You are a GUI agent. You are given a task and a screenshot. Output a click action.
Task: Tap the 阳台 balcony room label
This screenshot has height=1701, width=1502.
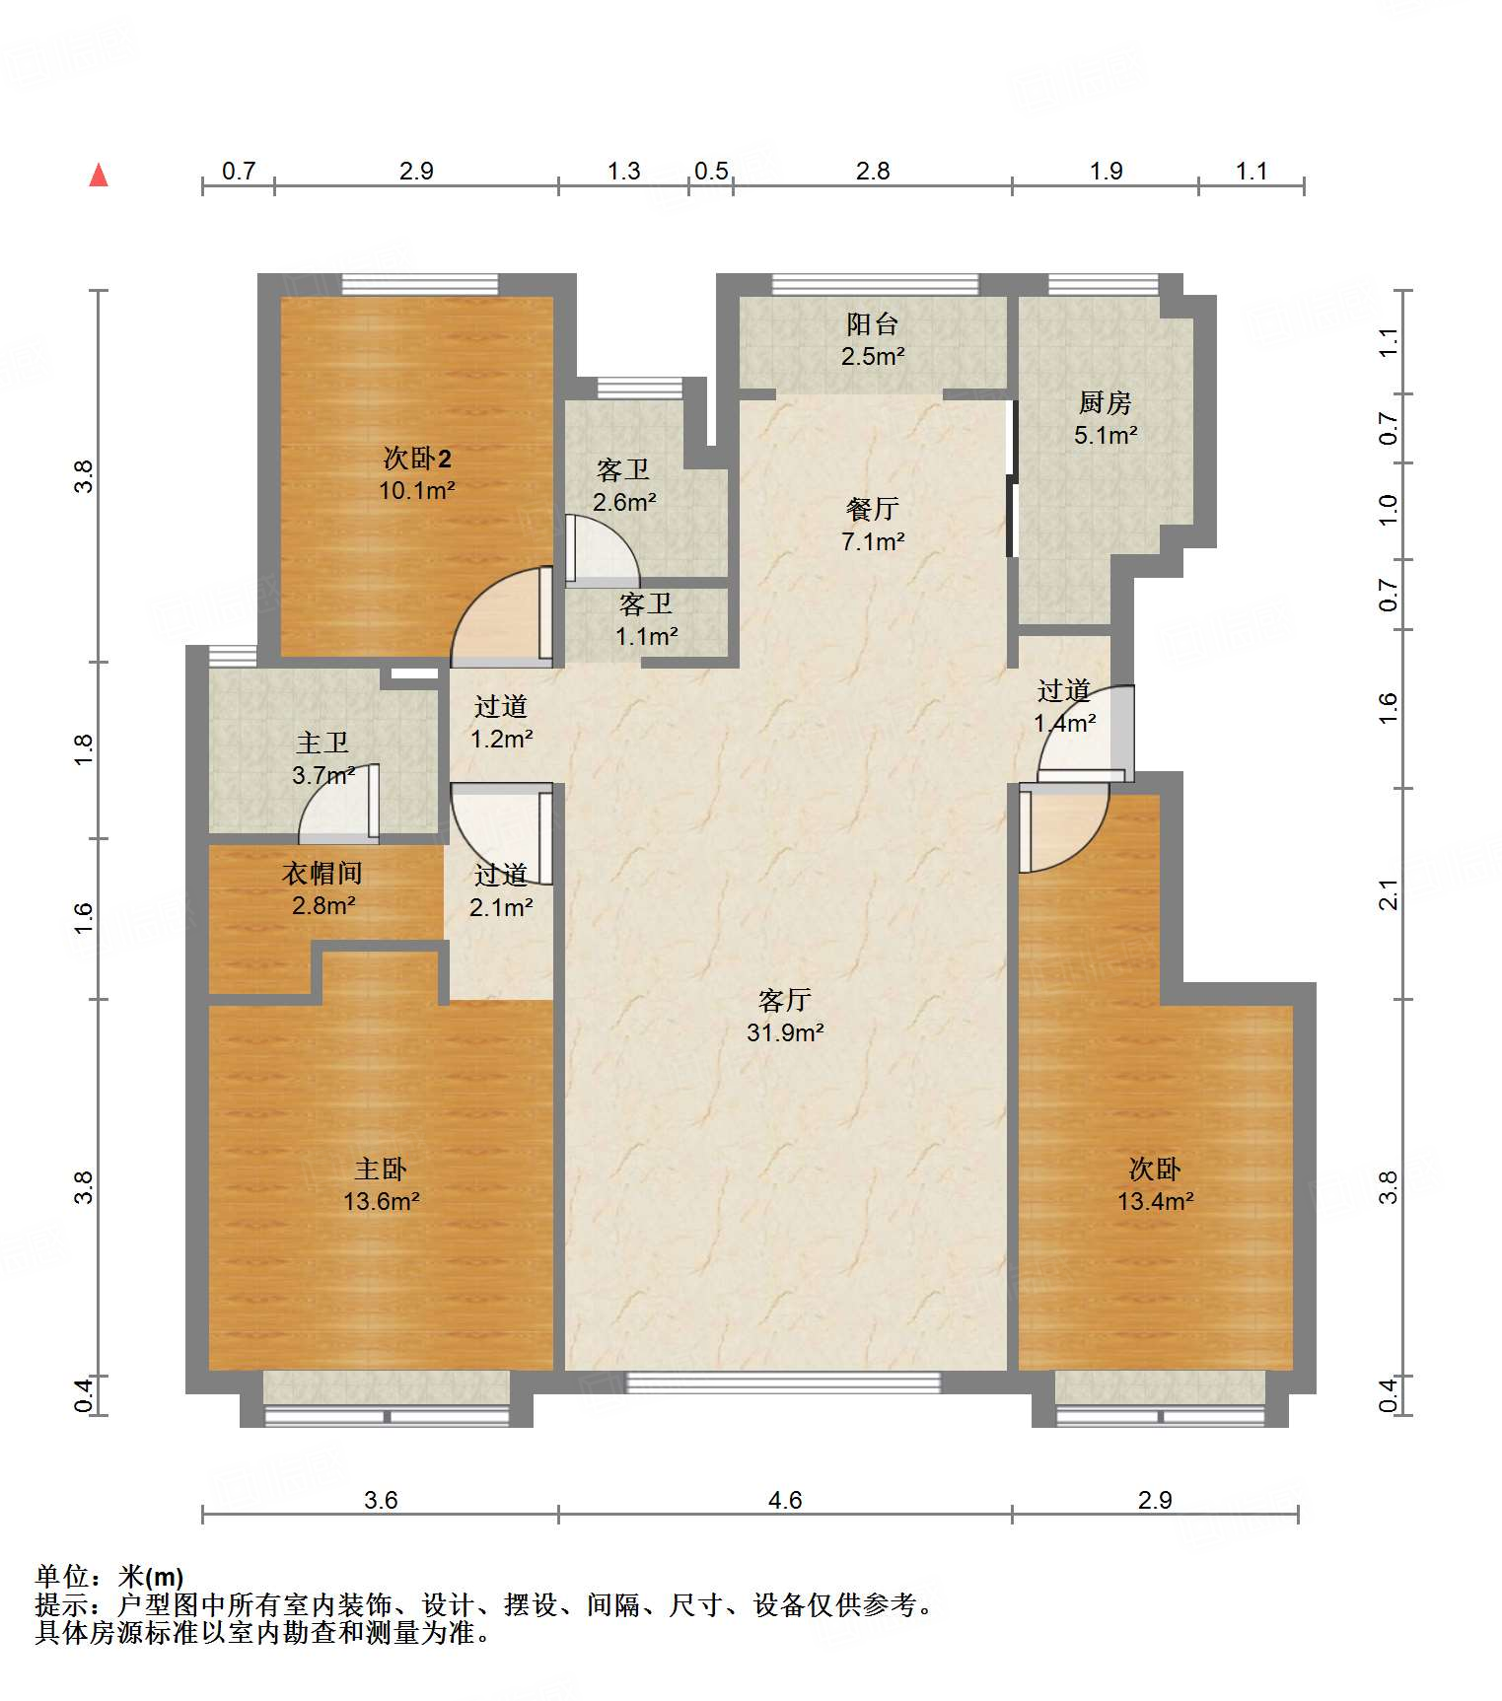click(x=873, y=339)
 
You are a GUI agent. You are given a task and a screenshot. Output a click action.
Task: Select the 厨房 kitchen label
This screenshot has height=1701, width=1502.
click(x=1105, y=418)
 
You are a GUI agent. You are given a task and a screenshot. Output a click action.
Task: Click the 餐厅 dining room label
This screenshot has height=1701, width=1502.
click(x=873, y=525)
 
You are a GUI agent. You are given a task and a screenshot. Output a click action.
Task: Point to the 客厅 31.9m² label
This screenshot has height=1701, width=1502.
click(x=785, y=1016)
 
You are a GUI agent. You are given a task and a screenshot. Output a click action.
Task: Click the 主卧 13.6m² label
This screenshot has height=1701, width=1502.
click(x=381, y=1184)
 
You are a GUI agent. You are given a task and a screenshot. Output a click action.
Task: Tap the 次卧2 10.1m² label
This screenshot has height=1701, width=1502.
click(x=417, y=473)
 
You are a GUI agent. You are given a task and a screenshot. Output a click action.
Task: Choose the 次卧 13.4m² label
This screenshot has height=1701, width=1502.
click(x=1155, y=1184)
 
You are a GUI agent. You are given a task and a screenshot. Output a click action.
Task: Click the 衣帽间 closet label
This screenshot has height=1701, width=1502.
click(x=322, y=888)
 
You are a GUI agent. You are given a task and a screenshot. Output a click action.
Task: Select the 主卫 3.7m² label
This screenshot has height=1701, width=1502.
click(x=322, y=758)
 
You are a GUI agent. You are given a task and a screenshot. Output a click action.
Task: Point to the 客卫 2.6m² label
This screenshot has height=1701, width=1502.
click(x=624, y=485)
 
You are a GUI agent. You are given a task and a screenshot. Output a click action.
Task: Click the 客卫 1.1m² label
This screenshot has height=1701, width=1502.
click(x=646, y=619)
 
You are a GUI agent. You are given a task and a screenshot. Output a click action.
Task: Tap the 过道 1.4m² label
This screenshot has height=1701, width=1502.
click(x=1064, y=706)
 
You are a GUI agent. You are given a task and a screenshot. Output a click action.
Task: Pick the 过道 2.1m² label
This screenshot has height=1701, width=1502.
click(x=501, y=890)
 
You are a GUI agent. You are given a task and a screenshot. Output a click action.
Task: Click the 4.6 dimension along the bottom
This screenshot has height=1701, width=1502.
click(x=785, y=1500)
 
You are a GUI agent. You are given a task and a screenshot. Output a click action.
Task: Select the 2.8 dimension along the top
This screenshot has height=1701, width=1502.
click(x=873, y=171)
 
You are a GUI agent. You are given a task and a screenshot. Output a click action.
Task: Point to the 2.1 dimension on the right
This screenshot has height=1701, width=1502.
click(x=1389, y=894)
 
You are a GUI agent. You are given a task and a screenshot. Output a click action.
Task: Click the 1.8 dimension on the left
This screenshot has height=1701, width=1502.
click(x=85, y=750)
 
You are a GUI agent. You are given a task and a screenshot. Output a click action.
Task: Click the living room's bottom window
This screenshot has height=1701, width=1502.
click(x=784, y=1382)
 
